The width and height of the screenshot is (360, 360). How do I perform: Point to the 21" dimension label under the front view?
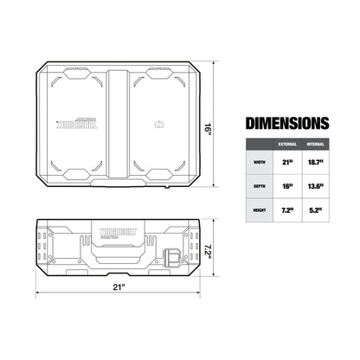pos(118,286)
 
